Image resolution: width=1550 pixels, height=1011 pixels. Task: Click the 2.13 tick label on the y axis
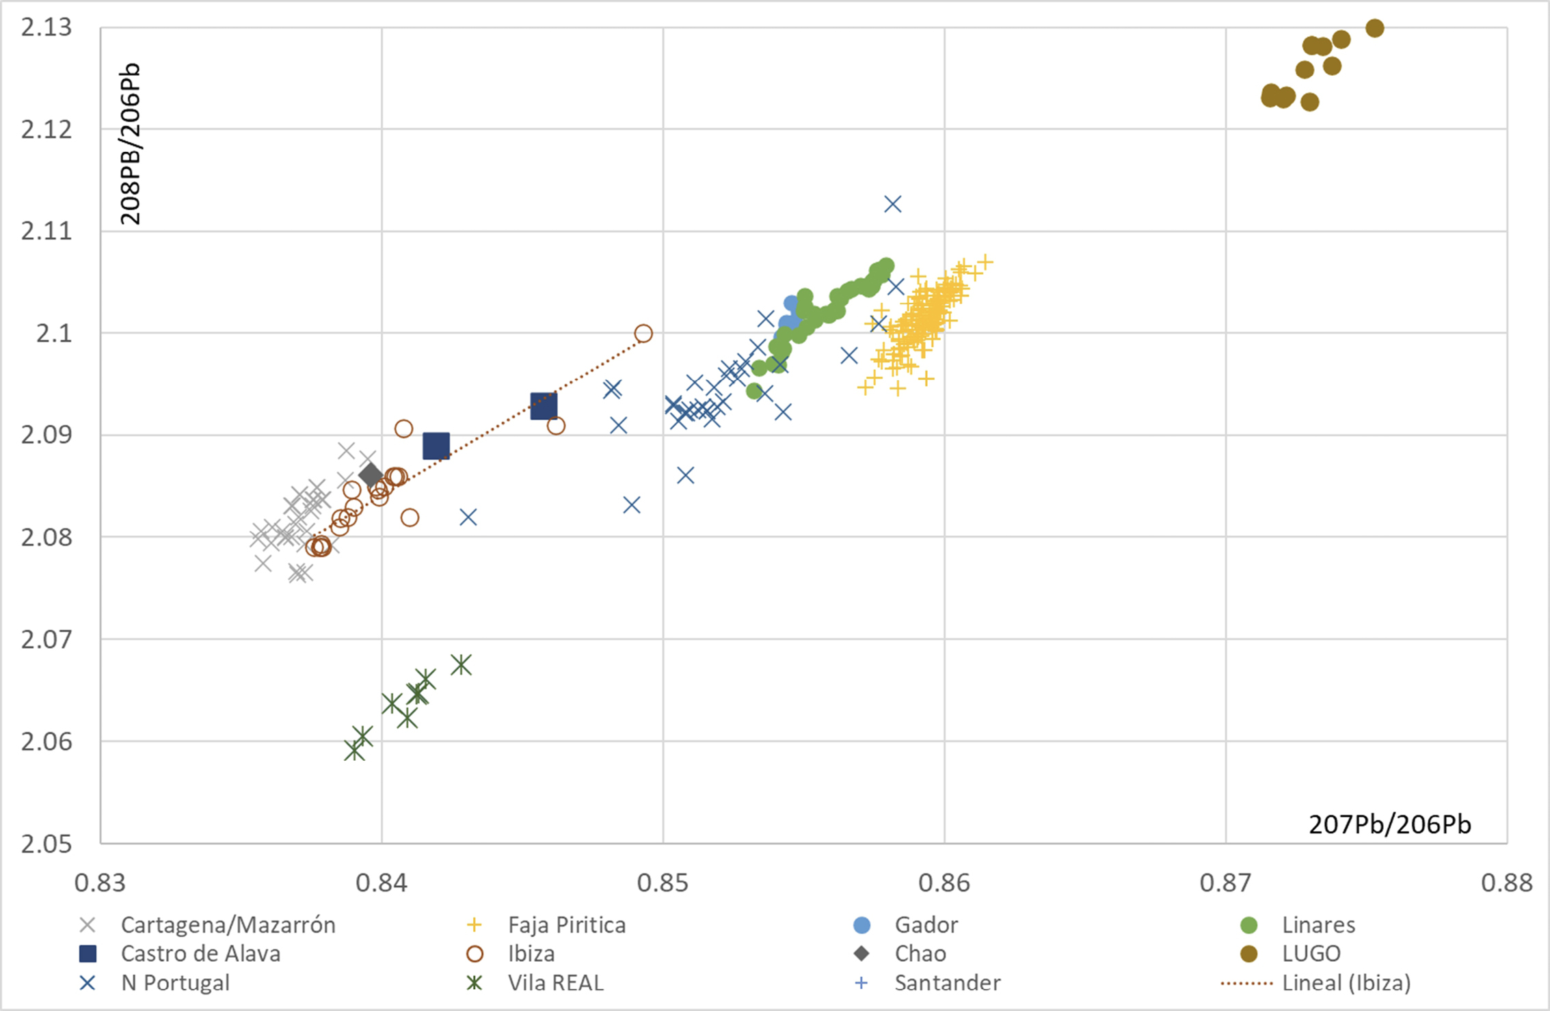[46, 28]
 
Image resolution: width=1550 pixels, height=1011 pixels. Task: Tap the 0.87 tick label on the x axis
[1225, 882]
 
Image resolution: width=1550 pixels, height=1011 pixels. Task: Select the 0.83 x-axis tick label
[101, 882]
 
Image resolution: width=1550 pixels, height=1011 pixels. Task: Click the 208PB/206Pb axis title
[130, 144]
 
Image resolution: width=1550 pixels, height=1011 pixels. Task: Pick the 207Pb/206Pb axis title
[1389, 825]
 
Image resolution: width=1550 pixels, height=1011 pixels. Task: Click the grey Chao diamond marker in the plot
[371, 475]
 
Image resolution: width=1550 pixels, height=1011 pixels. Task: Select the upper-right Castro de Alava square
[544, 406]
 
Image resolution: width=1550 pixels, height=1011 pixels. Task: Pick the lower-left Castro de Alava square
[436, 446]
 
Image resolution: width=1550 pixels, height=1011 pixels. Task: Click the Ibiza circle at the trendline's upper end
[643, 334]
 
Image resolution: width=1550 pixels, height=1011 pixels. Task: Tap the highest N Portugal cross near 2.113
[893, 204]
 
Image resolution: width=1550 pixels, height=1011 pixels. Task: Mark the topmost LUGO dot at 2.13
[1375, 28]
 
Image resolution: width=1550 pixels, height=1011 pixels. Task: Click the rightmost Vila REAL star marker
[462, 664]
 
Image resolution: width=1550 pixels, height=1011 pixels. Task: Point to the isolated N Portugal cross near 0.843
[468, 517]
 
